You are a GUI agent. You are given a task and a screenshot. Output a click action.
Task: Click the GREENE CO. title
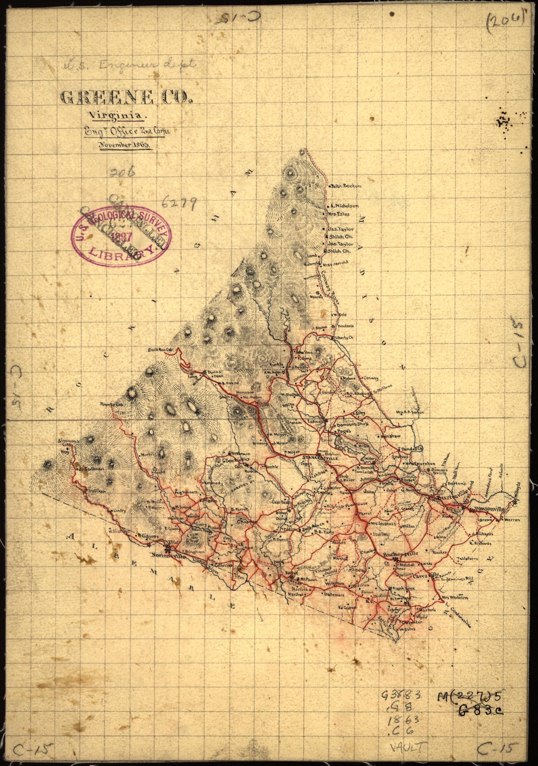tap(126, 97)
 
